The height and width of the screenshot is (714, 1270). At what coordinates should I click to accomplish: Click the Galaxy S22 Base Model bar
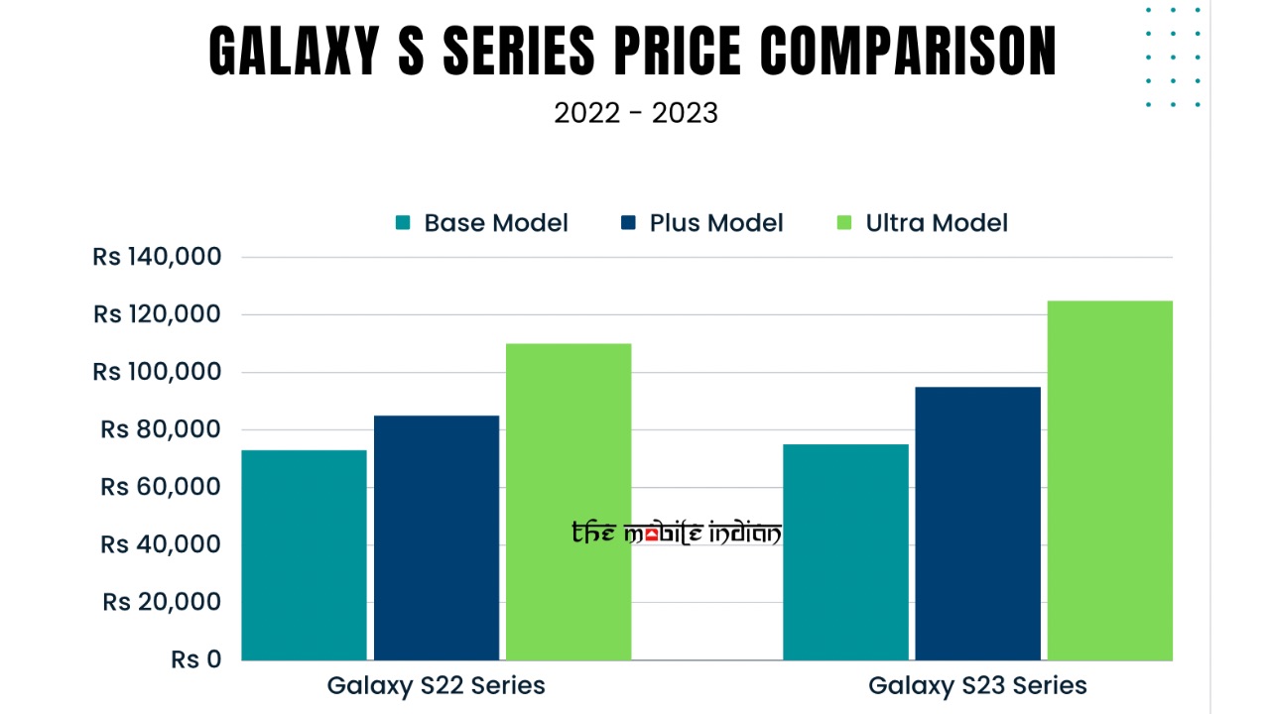pyautogui.click(x=304, y=555)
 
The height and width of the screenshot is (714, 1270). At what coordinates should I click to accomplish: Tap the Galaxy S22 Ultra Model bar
pyautogui.click(x=569, y=502)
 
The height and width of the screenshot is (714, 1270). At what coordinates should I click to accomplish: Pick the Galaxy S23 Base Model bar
pyautogui.click(x=845, y=552)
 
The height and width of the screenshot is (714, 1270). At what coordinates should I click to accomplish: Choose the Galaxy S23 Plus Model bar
pyautogui.click(x=977, y=524)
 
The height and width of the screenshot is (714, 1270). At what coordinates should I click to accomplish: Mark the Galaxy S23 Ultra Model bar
pyautogui.click(x=1110, y=480)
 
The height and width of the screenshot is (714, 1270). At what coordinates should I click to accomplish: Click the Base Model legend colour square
pyautogui.click(x=403, y=223)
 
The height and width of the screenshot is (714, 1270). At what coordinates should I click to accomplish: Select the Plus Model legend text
pyautogui.click(x=716, y=223)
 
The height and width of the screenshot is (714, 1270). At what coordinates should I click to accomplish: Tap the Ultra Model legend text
pyautogui.click(x=937, y=223)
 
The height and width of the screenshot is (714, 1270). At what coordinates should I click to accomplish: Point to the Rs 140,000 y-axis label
pyautogui.click(x=157, y=257)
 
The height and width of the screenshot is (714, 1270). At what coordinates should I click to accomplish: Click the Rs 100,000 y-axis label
pyautogui.click(x=157, y=372)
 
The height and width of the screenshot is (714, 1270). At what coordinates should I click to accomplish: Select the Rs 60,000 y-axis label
pyautogui.click(x=161, y=487)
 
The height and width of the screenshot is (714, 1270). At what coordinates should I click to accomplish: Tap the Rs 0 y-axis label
pyautogui.click(x=195, y=659)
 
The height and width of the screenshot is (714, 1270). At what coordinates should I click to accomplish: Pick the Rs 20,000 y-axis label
pyautogui.click(x=161, y=602)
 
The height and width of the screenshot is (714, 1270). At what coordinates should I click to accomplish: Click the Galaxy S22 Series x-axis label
pyautogui.click(x=436, y=685)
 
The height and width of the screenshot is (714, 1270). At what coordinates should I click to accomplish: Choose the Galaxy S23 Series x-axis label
pyautogui.click(x=977, y=685)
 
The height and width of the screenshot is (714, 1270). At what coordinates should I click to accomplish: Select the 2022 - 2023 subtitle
pyautogui.click(x=635, y=113)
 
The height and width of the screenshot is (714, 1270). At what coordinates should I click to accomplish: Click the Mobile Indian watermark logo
pyautogui.click(x=677, y=534)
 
